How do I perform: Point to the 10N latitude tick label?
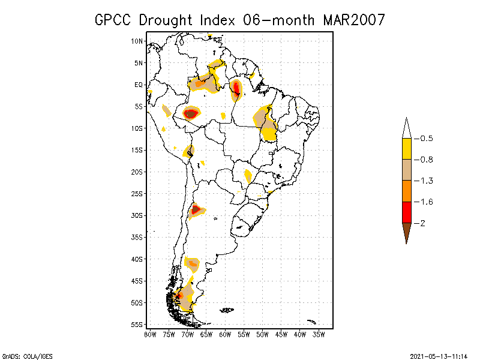tap(137, 41)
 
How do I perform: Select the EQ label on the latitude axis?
tap(138, 85)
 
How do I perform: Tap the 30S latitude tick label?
tap(137, 215)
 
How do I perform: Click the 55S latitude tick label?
tap(137, 325)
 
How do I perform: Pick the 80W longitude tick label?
tap(150, 334)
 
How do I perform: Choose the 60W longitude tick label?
tap(225, 334)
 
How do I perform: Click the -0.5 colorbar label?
tap(426, 139)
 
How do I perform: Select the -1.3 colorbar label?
tap(426, 181)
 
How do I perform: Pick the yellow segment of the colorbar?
tap(406, 149)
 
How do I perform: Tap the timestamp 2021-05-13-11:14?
tap(439, 355)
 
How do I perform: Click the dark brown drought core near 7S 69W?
tap(191, 113)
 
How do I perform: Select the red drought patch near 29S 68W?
tap(196, 209)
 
